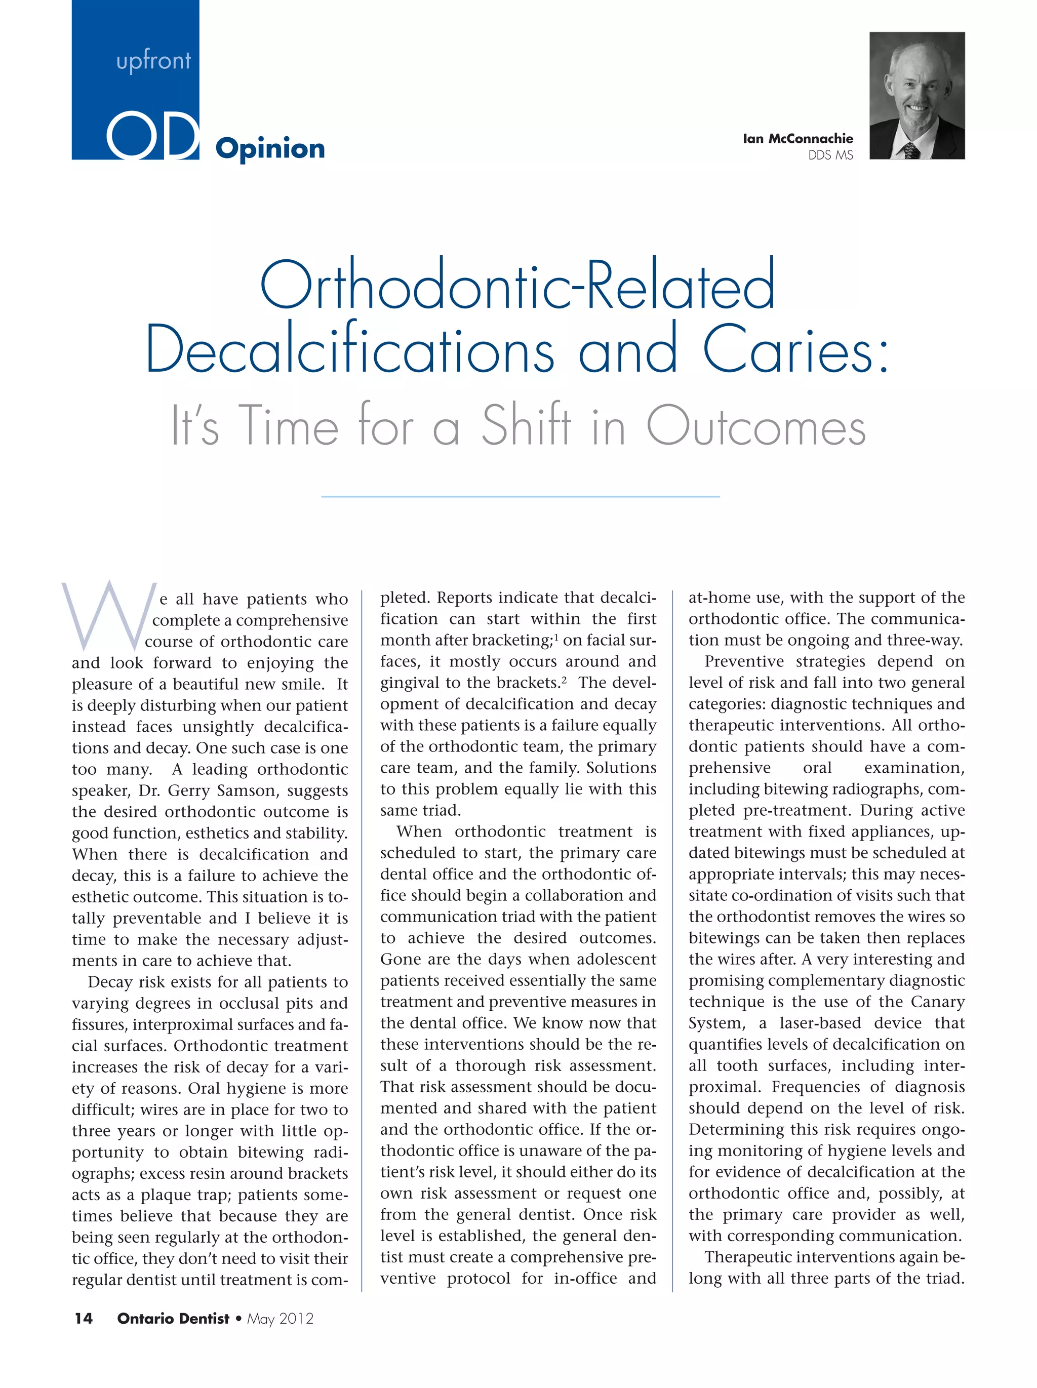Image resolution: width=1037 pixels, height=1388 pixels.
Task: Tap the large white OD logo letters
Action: [152, 136]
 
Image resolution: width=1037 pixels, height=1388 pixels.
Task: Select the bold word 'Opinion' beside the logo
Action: [270, 149]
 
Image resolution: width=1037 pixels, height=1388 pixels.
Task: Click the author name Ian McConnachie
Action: [797, 139]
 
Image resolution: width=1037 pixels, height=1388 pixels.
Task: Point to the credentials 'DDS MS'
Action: [830, 155]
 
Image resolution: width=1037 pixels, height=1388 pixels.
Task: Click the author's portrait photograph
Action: [916, 95]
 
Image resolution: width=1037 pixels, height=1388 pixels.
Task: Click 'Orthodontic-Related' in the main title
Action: [517, 286]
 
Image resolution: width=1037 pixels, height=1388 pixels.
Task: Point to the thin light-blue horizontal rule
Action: [520, 496]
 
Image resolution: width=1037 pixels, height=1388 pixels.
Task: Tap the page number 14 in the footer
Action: [84, 1318]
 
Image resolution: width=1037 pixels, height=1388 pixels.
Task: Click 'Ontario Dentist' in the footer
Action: [173, 1318]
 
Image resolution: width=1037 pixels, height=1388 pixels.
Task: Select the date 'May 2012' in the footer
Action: [280, 1318]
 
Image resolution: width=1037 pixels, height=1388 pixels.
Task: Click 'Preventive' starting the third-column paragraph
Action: [744, 661]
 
